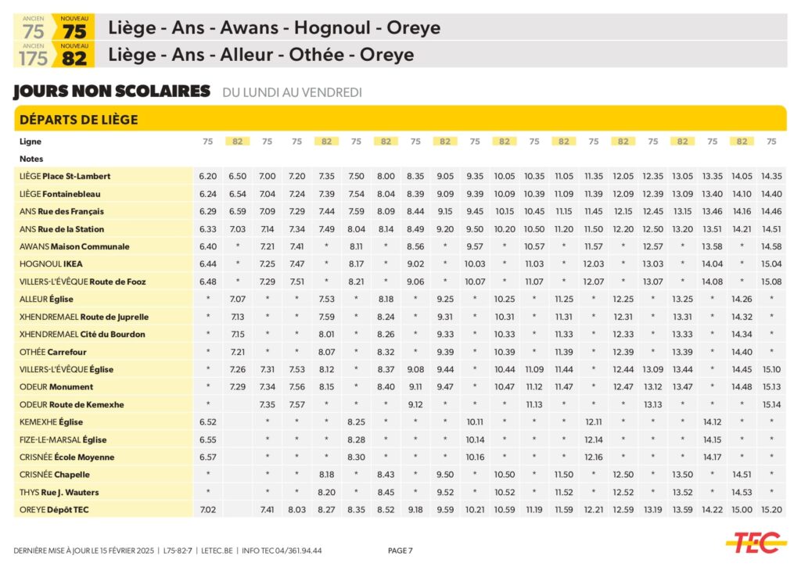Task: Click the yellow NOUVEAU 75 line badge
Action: [74, 28]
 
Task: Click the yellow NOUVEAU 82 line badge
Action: [74, 56]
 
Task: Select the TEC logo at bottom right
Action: [754, 543]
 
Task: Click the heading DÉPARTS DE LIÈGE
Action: [78, 120]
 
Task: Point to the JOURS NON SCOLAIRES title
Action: [112, 92]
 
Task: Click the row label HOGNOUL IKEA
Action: [51, 264]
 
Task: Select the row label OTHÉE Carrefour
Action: [52, 352]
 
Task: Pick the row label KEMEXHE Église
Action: [52, 422]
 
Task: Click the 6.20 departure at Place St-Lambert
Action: [208, 177]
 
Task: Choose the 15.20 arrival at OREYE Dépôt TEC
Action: [771, 510]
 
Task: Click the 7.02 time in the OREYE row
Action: [208, 510]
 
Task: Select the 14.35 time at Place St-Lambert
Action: [771, 177]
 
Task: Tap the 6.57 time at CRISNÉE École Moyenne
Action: [208, 458]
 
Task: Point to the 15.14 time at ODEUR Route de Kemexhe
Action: [771, 405]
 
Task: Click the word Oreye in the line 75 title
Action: [410, 28]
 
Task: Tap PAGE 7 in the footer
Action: [400, 551]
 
